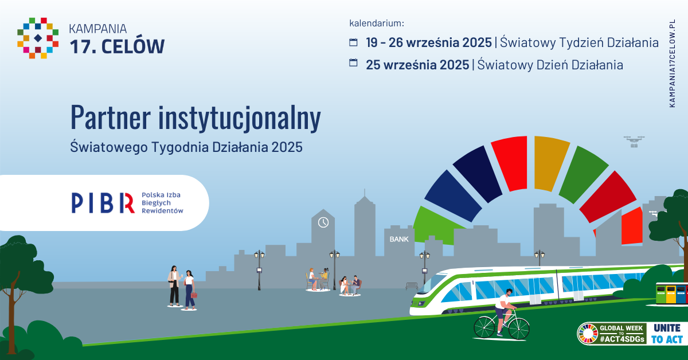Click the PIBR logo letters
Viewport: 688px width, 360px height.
pos(103,203)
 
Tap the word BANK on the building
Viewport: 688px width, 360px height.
pos(399,239)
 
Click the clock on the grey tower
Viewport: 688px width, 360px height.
pos(323,222)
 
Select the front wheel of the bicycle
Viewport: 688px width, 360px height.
pos(519,328)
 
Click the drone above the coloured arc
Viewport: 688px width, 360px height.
pos(634,142)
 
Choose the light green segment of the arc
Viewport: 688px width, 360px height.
pos(437,226)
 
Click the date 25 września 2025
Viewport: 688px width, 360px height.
pos(417,65)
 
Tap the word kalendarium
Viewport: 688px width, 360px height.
pos(377,23)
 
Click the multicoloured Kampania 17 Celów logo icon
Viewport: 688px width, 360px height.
pos(38,38)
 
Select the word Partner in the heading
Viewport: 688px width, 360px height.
pos(111,117)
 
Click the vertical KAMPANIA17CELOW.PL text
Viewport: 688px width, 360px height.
pos(672,64)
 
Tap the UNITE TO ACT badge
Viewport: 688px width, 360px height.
pos(667,333)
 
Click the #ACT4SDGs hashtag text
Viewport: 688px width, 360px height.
pos(621,339)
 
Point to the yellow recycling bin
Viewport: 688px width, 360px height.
pos(670,294)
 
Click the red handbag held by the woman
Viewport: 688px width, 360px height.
pos(194,295)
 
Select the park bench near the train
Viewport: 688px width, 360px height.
pos(412,286)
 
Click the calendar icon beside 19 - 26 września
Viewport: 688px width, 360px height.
pos(354,42)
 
